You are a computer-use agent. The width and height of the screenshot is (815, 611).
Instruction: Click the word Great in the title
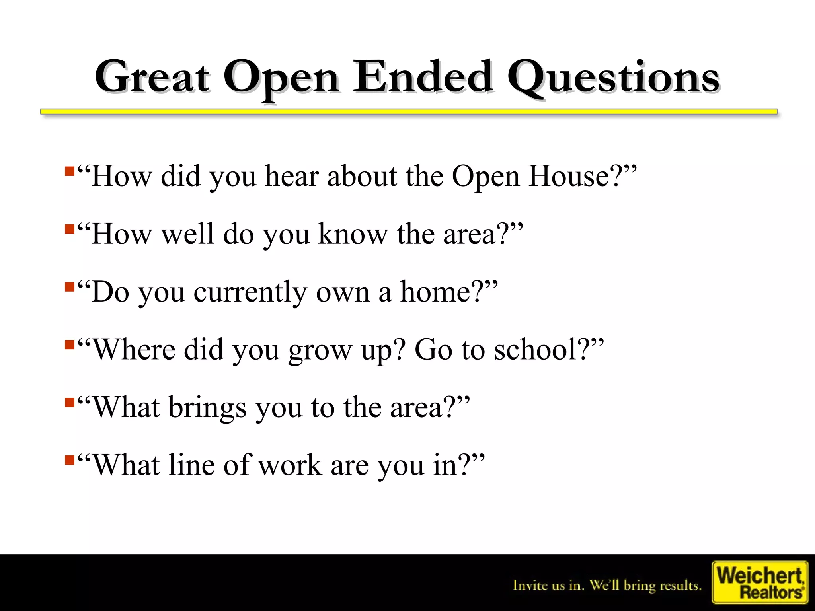pos(152,76)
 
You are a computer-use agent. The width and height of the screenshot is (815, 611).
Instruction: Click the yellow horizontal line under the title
pos(408,112)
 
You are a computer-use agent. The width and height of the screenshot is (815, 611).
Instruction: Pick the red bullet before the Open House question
pos(70,171)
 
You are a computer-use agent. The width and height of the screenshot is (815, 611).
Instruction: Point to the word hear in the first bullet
pos(292,176)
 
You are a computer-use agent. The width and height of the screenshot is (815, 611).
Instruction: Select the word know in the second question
pos(353,234)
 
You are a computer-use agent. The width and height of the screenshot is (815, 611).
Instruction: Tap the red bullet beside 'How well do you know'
pos(70,230)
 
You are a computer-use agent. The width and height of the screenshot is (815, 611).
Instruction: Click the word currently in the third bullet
pos(250,292)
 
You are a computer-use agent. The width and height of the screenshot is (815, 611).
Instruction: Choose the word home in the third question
pos(435,292)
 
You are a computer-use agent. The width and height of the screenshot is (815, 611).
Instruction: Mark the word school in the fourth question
pos(535,349)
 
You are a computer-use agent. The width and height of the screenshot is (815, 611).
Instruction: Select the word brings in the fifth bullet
pos(207,408)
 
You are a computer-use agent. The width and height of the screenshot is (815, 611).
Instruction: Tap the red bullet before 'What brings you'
pos(70,403)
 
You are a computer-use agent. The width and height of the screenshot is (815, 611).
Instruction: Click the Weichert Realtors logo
pos(760,582)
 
